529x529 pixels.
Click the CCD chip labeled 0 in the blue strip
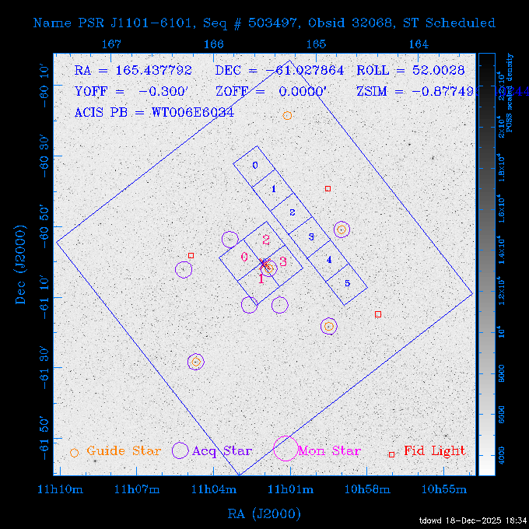pos(254,166)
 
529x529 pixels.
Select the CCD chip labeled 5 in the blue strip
pos(347,283)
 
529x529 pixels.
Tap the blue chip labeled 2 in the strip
pos(292,212)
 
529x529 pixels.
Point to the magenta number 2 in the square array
pos(265,240)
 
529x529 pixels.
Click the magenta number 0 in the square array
pos(244,257)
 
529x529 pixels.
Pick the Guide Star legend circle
pos(75,452)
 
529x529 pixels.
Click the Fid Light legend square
pos(391,454)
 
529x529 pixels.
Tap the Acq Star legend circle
pos(180,450)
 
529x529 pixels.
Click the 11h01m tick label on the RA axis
pos(290,489)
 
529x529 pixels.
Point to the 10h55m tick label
pos(443,489)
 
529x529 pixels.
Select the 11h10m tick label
pos(61,489)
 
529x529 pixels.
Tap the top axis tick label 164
pos(418,44)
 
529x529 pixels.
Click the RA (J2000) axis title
pos(264,513)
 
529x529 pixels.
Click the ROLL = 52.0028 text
pos(411,70)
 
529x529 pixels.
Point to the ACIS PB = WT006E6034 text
pos(154,112)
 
